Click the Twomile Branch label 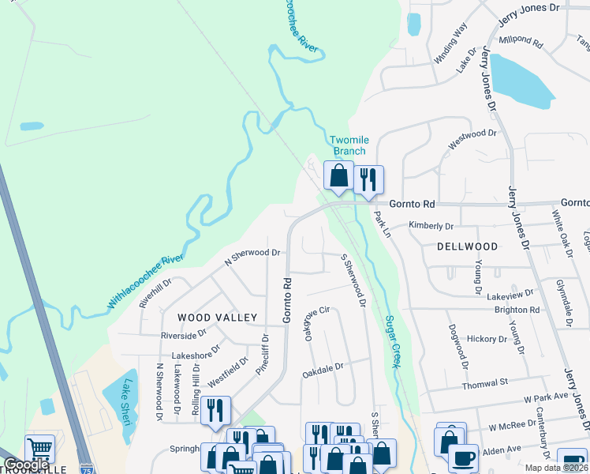coord(348,145)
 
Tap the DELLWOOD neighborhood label coord(468,246)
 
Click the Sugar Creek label coord(390,341)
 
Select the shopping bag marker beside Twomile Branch coord(338,176)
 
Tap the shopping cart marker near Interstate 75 coord(39,449)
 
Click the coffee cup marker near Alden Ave coord(463,458)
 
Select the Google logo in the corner coord(26,466)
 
